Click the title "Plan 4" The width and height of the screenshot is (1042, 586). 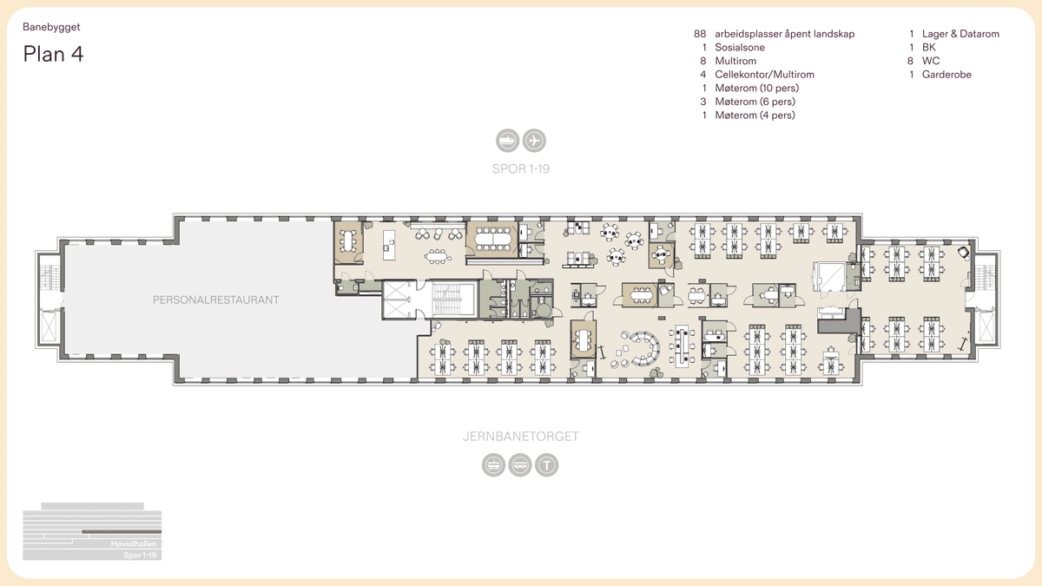pyautogui.click(x=53, y=54)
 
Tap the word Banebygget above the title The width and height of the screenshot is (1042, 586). pyautogui.click(x=51, y=27)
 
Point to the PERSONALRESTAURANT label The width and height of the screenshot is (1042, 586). pyautogui.click(x=216, y=300)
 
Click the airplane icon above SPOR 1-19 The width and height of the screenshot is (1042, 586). pyautogui.click(x=533, y=139)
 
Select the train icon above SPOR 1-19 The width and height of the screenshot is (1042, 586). pyautogui.click(x=507, y=139)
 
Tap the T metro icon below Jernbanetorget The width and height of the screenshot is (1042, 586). pyautogui.click(x=546, y=465)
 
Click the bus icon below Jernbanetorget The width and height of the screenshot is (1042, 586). pyautogui.click(x=520, y=465)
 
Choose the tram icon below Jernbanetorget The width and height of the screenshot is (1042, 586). pyautogui.click(x=494, y=465)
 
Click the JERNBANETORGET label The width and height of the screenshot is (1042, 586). pyautogui.click(x=520, y=436)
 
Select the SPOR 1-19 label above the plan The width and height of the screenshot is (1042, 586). pyautogui.click(x=520, y=168)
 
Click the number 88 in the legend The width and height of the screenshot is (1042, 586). pyautogui.click(x=700, y=34)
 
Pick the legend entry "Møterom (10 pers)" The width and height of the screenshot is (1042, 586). pyautogui.click(x=756, y=88)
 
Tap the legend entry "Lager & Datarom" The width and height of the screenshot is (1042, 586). pyautogui.click(x=960, y=34)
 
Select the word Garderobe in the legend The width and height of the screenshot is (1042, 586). pyautogui.click(x=946, y=75)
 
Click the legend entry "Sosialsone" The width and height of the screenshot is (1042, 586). pyautogui.click(x=740, y=48)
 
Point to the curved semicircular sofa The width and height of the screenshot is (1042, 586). pyautogui.click(x=647, y=347)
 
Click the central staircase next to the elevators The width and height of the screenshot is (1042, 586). pyautogui.click(x=450, y=300)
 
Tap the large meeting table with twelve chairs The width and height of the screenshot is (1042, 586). pyautogui.click(x=491, y=235)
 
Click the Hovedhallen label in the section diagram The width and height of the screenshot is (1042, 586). pyautogui.click(x=133, y=543)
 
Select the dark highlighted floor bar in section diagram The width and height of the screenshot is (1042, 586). pyautogui.click(x=122, y=530)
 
